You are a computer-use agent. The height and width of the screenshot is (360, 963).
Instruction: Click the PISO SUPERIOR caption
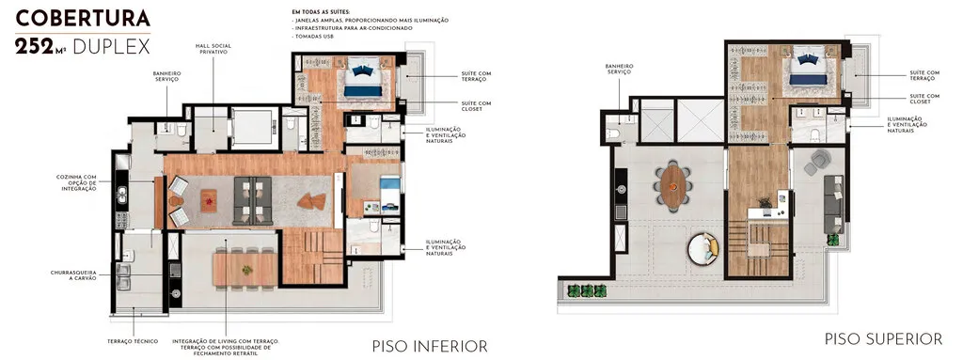click(883, 338)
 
